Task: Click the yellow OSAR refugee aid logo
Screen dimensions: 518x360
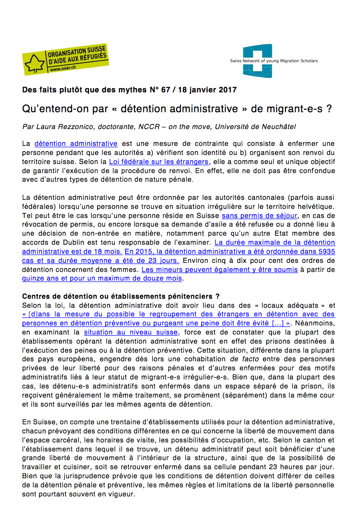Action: (65, 59)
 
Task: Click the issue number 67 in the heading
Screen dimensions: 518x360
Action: (165, 90)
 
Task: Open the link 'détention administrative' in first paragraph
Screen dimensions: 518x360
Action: (76, 144)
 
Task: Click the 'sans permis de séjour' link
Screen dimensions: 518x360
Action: (253, 215)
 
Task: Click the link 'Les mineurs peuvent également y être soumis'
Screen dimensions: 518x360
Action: (220, 269)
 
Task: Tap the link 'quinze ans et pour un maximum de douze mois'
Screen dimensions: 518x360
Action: (102, 278)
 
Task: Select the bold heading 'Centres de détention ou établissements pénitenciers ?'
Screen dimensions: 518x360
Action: (121, 296)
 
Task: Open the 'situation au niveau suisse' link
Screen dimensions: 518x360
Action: (131, 332)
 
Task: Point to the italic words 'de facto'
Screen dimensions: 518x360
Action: (241, 359)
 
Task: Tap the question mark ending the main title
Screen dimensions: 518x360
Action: (329, 109)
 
